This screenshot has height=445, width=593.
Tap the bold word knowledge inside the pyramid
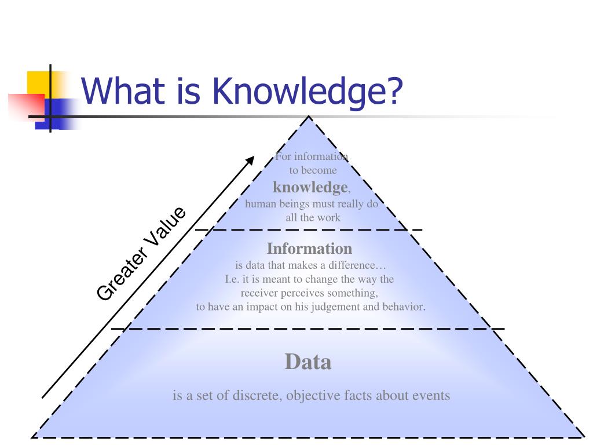310,187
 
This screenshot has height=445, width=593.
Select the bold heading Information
309,249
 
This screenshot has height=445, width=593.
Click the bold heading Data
308,362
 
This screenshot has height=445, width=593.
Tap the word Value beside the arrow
164,228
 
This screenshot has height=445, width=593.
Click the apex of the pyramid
309,117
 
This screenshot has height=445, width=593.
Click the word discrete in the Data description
255,396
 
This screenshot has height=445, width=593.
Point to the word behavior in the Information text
402,307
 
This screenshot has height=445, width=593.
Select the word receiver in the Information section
260,293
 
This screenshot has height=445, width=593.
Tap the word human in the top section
259,204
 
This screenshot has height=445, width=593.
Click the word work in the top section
328,218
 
